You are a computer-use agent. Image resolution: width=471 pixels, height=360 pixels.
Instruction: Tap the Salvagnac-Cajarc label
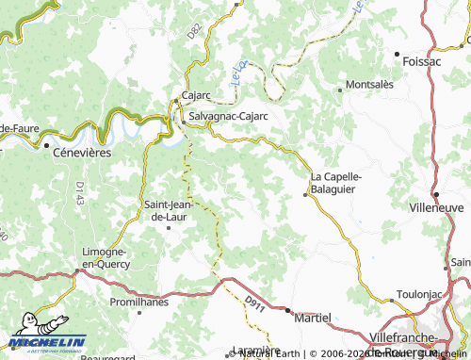(x=229, y=115)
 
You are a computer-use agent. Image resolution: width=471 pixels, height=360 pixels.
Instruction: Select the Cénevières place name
(x=82, y=151)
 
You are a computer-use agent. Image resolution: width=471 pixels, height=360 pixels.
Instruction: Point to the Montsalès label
(x=370, y=84)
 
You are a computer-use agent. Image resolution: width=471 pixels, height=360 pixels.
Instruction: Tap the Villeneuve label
(x=440, y=205)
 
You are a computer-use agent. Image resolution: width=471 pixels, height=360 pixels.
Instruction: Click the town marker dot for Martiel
(x=290, y=313)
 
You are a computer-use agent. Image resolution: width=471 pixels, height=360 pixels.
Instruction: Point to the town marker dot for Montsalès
(x=340, y=90)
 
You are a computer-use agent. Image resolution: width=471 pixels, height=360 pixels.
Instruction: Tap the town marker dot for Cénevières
(x=44, y=146)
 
